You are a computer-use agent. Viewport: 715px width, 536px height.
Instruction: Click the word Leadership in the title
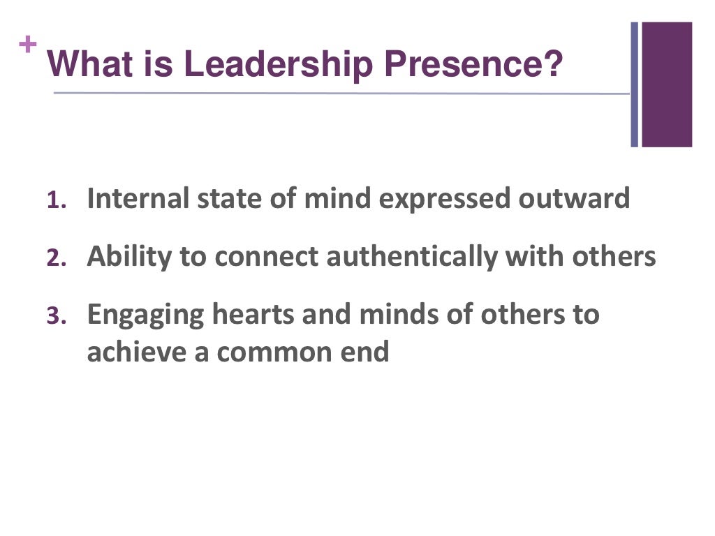point(279,65)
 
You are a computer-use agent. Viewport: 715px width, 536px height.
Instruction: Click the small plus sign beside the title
point(27,45)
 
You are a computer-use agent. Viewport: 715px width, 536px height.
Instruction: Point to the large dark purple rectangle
point(667,84)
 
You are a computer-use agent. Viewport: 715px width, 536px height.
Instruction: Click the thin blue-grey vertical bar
point(635,84)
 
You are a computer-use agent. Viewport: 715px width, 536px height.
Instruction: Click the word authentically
point(412,258)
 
